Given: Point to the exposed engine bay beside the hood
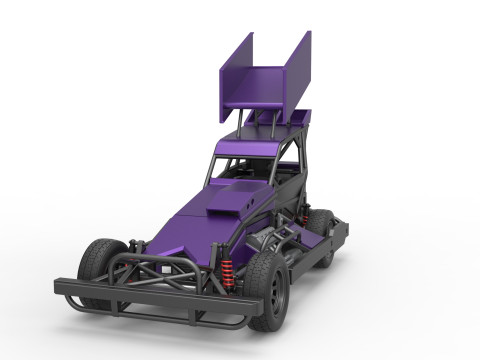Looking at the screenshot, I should tap(275, 240).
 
